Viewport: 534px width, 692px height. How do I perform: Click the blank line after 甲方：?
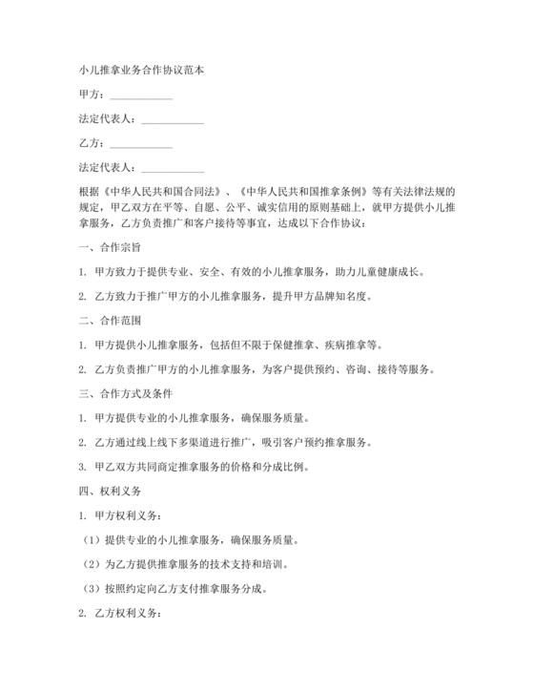click(x=142, y=95)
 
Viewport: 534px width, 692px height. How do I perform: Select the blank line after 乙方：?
click(x=142, y=144)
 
